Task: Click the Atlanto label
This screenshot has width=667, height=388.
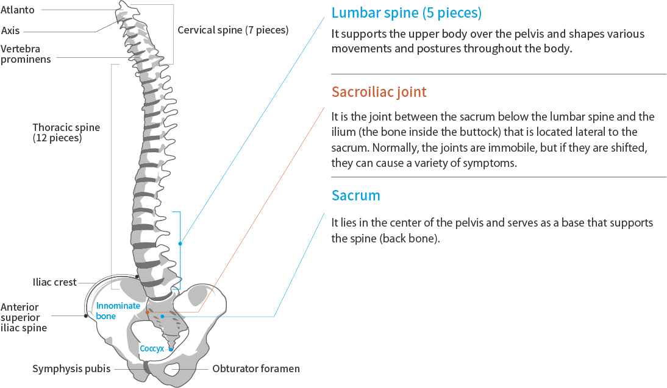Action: pyautogui.click(x=18, y=10)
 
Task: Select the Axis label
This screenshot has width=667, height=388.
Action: pyautogui.click(x=10, y=30)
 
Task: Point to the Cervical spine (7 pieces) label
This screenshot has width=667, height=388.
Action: pyautogui.click(x=233, y=29)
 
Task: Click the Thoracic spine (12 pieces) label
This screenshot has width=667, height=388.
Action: pyautogui.click(x=66, y=133)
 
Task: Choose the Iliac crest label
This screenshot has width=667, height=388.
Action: pyautogui.click(x=55, y=282)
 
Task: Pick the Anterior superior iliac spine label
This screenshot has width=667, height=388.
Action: pyautogui.click(x=24, y=317)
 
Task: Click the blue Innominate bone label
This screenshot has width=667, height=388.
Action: pyautogui.click(x=118, y=311)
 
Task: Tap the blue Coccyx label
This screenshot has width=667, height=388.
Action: pyautogui.click(x=152, y=349)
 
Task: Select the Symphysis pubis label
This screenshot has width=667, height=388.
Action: pyautogui.click(x=71, y=369)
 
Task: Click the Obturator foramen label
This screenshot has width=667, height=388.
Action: pyautogui.click(x=256, y=369)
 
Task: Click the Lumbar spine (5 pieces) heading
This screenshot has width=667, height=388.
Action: pyautogui.click(x=407, y=13)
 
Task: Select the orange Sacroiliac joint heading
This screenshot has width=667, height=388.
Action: pyautogui.click(x=379, y=92)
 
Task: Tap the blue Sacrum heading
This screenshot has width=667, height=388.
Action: pyautogui.click(x=355, y=196)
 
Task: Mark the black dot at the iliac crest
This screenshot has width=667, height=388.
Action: pyautogui.click(x=137, y=277)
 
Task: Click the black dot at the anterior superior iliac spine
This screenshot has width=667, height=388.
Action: pyautogui.click(x=86, y=316)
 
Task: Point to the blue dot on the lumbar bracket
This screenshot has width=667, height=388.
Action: pyautogui.click(x=180, y=244)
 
